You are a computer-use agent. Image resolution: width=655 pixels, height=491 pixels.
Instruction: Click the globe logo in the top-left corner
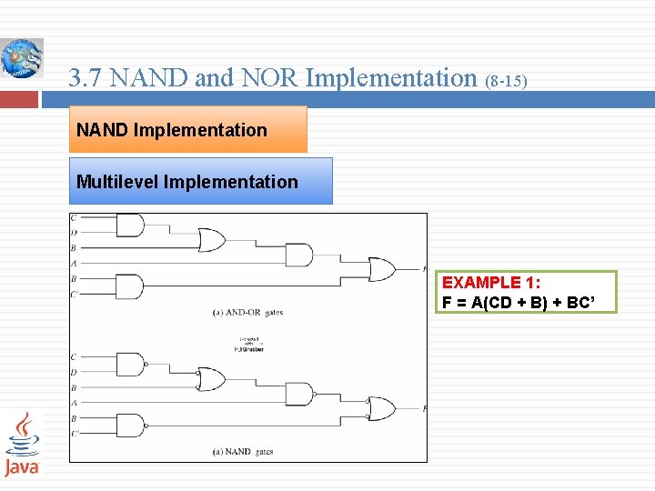(x=20, y=58)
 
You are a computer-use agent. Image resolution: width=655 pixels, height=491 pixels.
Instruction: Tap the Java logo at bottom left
(x=22, y=444)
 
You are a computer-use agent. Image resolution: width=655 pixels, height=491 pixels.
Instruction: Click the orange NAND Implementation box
(x=189, y=129)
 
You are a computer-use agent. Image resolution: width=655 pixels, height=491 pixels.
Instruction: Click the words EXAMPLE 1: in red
(x=490, y=283)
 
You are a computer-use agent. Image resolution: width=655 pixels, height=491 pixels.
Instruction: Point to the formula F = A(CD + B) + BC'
(x=516, y=303)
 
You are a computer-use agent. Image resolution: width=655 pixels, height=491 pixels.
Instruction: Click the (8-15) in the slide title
(x=506, y=81)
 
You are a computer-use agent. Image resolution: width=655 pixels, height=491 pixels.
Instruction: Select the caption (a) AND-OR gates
(x=247, y=312)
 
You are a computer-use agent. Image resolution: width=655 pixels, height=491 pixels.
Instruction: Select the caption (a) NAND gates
(x=243, y=452)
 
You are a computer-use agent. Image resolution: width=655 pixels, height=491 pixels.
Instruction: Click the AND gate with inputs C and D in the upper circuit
(x=130, y=225)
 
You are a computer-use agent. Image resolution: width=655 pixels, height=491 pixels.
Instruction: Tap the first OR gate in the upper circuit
(x=211, y=240)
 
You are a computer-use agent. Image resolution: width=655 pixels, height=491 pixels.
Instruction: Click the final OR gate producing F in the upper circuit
(x=381, y=270)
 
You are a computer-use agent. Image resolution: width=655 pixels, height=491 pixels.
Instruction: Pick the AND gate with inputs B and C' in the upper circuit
(x=130, y=286)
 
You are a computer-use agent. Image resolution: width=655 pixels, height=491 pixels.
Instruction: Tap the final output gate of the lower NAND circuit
(x=381, y=409)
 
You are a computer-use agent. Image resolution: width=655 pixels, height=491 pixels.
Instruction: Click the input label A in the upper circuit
(x=74, y=263)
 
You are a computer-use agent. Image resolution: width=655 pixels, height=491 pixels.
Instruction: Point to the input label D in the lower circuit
(x=74, y=371)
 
